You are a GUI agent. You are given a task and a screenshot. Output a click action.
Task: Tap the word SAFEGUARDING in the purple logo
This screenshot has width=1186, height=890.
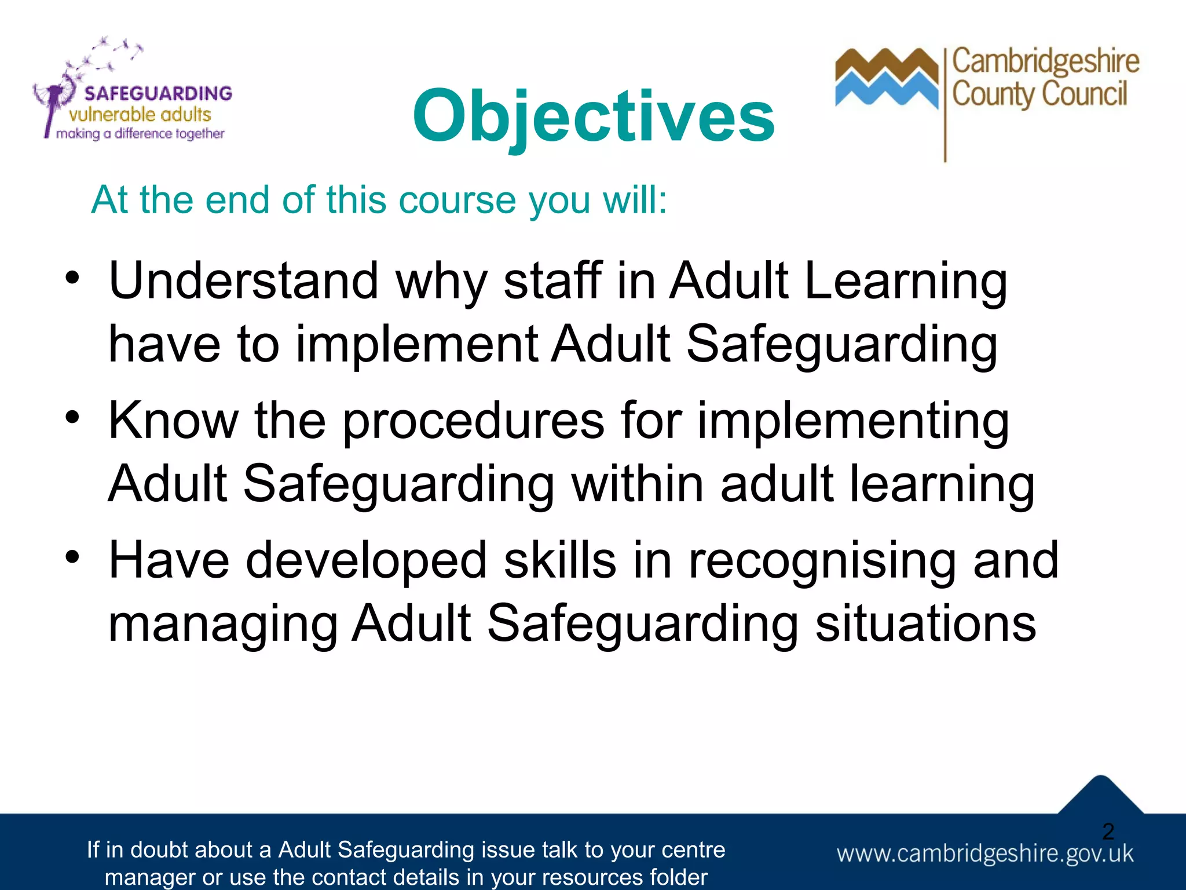(x=158, y=93)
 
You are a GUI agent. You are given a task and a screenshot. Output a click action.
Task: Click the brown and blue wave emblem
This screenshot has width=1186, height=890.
(x=886, y=78)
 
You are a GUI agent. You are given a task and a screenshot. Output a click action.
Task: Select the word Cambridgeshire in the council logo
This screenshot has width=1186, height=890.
(x=1046, y=62)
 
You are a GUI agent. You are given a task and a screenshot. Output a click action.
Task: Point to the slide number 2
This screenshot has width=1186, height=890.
(x=1108, y=831)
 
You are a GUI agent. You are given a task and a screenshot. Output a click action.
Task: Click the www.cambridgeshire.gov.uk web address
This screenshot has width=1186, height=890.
(x=984, y=853)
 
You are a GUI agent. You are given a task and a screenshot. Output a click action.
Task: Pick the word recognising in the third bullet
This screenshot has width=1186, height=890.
(x=822, y=561)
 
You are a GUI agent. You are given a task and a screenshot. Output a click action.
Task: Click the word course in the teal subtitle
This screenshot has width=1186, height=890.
(x=457, y=200)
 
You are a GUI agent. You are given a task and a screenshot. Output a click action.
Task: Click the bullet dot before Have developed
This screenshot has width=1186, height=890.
(x=72, y=557)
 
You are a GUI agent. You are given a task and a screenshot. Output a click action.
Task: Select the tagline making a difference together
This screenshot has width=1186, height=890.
(x=140, y=134)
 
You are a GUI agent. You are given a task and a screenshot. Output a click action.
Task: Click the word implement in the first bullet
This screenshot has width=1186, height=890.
(x=417, y=344)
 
